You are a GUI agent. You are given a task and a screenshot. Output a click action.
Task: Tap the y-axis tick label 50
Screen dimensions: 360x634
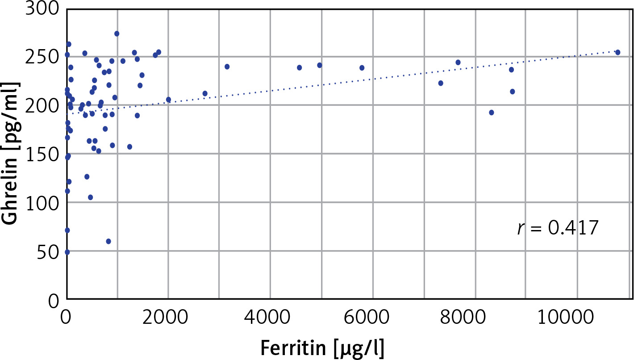[x=46, y=251]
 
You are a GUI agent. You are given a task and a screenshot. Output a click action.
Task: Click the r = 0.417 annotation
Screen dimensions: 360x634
[x=557, y=228]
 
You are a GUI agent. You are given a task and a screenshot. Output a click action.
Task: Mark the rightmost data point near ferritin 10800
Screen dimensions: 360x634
[x=618, y=52]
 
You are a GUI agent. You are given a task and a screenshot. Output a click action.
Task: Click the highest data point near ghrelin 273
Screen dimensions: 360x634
[x=117, y=33]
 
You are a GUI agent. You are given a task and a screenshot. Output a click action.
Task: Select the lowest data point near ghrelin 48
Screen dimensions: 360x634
[x=67, y=252]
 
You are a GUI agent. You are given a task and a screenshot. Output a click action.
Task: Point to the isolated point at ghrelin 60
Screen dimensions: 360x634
[x=108, y=241]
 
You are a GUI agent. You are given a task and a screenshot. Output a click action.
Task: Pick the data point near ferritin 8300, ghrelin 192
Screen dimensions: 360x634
[x=492, y=113]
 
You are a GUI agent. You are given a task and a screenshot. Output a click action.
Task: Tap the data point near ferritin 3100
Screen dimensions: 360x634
[x=227, y=67]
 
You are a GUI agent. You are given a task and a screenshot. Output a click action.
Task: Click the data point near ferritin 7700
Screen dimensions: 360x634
[x=458, y=62]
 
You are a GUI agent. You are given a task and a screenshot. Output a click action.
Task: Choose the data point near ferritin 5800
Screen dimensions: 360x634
[x=362, y=68]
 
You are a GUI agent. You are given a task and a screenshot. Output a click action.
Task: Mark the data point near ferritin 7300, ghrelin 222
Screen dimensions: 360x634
[x=441, y=83]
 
